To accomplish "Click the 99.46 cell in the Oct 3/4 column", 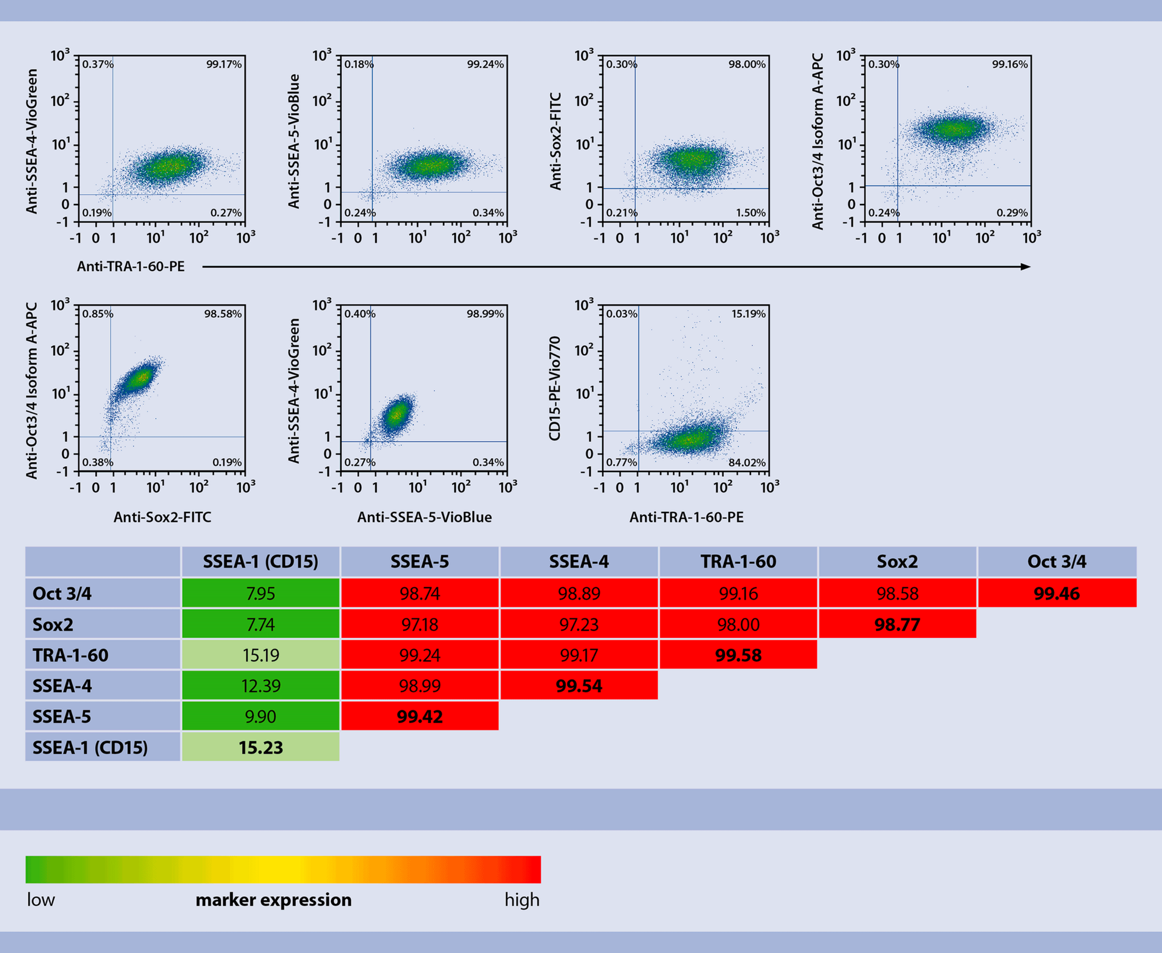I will click(x=1056, y=594).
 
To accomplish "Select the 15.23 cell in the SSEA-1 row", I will click(x=260, y=747).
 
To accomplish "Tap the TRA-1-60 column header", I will click(x=738, y=562).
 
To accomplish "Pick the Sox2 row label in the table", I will click(x=53, y=624).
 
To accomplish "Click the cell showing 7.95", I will click(x=260, y=594).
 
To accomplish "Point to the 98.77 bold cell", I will click(x=897, y=624).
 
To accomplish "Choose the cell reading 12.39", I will click(x=260, y=686).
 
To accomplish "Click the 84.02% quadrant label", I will click(x=746, y=462).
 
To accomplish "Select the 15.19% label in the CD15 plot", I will click(x=748, y=313).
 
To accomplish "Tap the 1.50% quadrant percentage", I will click(x=750, y=213).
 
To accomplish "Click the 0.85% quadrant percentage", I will click(x=97, y=313).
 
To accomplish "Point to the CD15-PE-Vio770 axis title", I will click(x=555, y=388).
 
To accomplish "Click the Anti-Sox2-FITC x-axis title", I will click(x=162, y=517).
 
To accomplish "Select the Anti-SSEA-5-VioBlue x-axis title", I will click(x=424, y=517).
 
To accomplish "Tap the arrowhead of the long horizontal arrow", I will click(x=1026, y=267).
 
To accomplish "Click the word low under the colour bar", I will click(x=41, y=900).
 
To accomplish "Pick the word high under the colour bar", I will click(x=522, y=900).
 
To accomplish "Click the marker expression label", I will click(x=273, y=900).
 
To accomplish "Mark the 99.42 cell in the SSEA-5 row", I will click(x=419, y=716).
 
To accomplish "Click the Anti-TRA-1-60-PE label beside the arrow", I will click(x=131, y=267).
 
